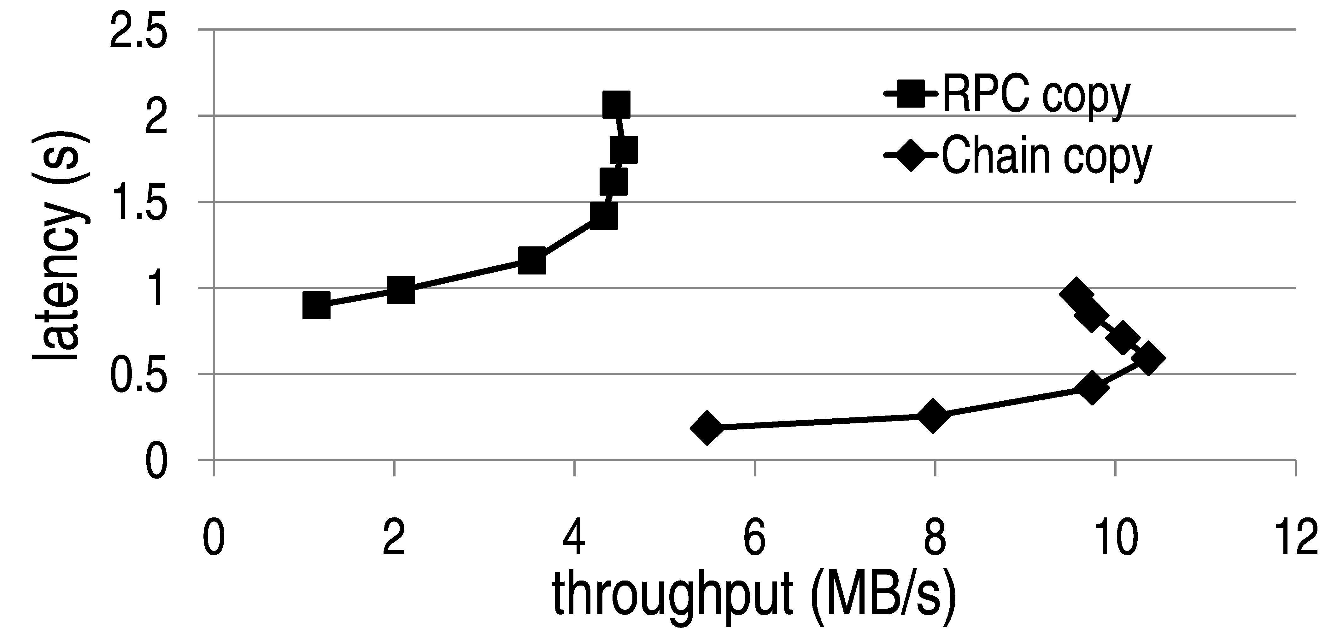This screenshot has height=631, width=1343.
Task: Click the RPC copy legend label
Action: (1035, 97)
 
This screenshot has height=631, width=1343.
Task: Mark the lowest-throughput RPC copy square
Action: (316, 306)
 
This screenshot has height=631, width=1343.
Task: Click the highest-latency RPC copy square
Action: (616, 104)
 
